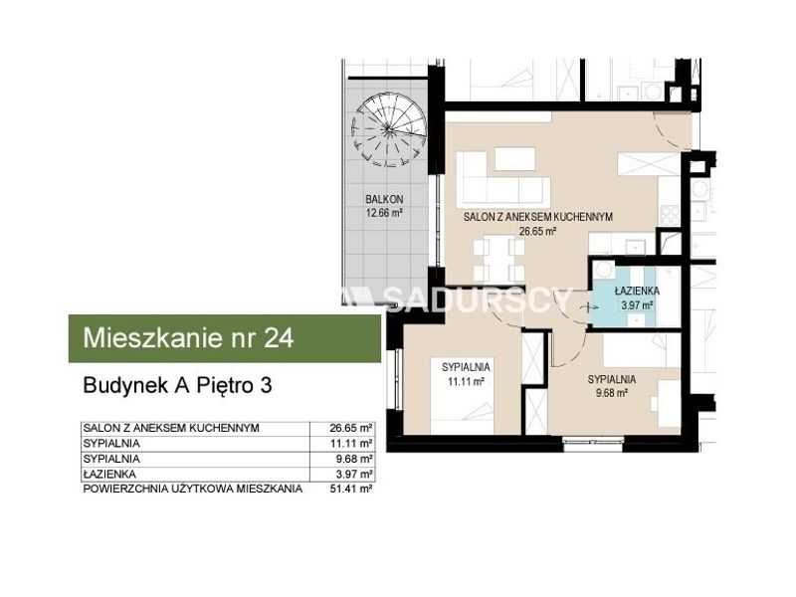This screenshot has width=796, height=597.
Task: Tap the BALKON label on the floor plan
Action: point(384,200)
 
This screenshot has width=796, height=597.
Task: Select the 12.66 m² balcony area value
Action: point(384,213)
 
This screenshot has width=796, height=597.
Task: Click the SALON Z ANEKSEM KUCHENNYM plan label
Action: point(538,217)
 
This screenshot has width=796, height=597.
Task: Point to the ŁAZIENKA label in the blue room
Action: point(637,291)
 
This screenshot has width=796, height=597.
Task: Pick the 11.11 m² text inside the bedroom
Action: point(466,381)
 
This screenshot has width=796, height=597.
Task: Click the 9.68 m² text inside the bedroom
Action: point(612,393)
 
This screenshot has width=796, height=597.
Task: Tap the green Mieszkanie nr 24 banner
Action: point(225,338)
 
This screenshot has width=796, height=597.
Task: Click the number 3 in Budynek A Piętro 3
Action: point(266,385)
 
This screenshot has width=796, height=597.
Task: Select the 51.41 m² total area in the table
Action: point(351,489)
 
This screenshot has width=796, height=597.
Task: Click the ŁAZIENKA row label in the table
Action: point(109,475)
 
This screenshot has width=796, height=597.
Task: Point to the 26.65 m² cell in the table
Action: point(351,428)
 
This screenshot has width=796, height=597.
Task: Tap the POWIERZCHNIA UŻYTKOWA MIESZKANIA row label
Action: point(193,489)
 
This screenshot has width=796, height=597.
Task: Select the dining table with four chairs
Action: point(498,259)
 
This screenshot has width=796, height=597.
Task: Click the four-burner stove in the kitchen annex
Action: point(670,215)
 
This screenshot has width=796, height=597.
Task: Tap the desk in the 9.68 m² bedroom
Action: point(668,404)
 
